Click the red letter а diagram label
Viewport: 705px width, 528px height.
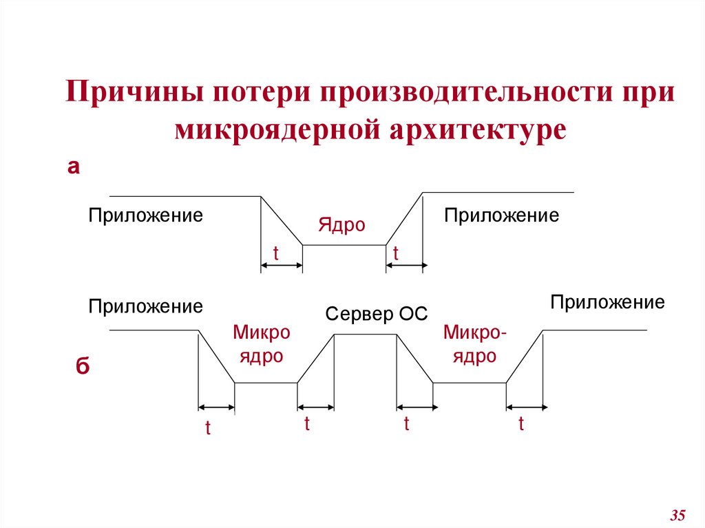point(73,167)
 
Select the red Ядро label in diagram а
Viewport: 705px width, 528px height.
point(341,225)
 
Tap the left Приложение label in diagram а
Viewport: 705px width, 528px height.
point(145,215)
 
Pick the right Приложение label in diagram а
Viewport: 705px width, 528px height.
point(501,215)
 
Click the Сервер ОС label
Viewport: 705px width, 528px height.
point(377,315)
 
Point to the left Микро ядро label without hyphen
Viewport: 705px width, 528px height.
point(261,344)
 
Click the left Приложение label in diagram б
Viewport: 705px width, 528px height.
point(145,306)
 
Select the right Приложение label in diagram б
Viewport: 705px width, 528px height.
point(607,302)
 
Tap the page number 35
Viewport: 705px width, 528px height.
point(677,514)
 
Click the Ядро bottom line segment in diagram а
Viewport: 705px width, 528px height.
point(344,244)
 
